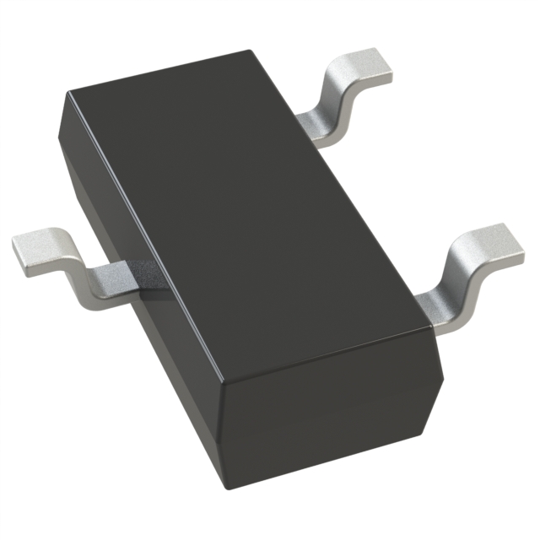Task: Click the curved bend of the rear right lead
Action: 333,101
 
